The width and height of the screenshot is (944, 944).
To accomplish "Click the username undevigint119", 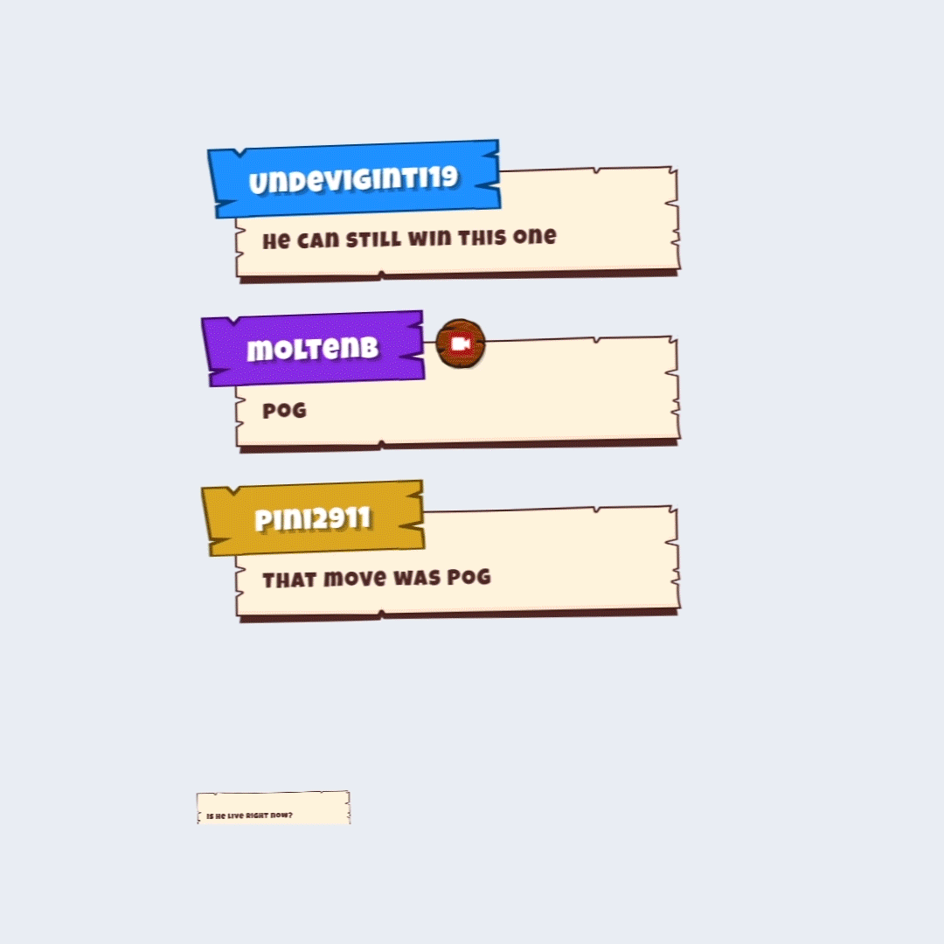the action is (x=353, y=179).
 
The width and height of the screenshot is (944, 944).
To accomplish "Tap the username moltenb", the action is (x=312, y=349).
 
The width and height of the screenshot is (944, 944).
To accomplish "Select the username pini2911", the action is (x=312, y=518).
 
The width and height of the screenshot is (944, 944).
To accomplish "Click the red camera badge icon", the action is (x=461, y=344).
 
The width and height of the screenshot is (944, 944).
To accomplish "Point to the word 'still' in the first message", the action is (x=373, y=239).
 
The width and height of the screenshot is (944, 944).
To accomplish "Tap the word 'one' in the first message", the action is (x=535, y=236).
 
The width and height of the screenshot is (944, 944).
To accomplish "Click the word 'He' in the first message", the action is (x=276, y=241).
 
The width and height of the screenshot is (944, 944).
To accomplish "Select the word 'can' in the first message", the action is (x=318, y=239).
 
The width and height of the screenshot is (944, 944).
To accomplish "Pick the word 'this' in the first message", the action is (x=482, y=237).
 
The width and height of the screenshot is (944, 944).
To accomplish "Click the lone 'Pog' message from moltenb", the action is (x=285, y=411).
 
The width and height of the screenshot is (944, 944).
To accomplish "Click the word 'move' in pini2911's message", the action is (x=355, y=579).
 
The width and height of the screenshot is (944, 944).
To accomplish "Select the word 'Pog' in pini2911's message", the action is (x=469, y=577).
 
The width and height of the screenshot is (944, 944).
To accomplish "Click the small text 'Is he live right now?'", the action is (x=249, y=816).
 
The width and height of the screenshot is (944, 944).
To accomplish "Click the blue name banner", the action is (x=354, y=179).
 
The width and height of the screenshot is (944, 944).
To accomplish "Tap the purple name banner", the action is (x=313, y=349).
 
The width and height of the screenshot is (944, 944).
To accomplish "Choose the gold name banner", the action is (x=313, y=518).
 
